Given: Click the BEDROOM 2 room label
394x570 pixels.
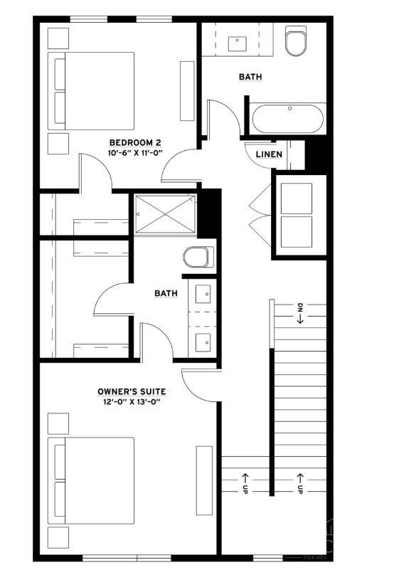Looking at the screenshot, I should click(x=135, y=142).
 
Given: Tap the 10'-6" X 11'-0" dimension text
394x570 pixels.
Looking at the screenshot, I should click(x=135, y=153).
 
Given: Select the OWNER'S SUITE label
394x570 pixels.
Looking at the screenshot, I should click(x=132, y=391).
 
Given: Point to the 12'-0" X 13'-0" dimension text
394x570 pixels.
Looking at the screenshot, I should click(x=132, y=402).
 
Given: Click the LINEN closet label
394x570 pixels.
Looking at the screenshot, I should click(x=269, y=154).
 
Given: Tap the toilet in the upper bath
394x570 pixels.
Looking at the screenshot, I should click(x=294, y=43).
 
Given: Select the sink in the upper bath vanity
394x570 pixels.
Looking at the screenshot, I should click(x=237, y=43).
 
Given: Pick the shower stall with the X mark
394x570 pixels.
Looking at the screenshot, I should click(x=165, y=213).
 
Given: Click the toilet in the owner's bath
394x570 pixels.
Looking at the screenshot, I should click(x=197, y=256).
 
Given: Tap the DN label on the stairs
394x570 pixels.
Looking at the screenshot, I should click(x=301, y=314).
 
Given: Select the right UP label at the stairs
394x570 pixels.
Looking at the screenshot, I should click(x=301, y=483).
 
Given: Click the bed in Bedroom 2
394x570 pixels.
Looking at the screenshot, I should click(x=91, y=90).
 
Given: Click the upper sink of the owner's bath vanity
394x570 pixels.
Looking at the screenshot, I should click(x=203, y=293).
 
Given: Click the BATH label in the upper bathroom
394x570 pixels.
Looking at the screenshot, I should click(x=250, y=76).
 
